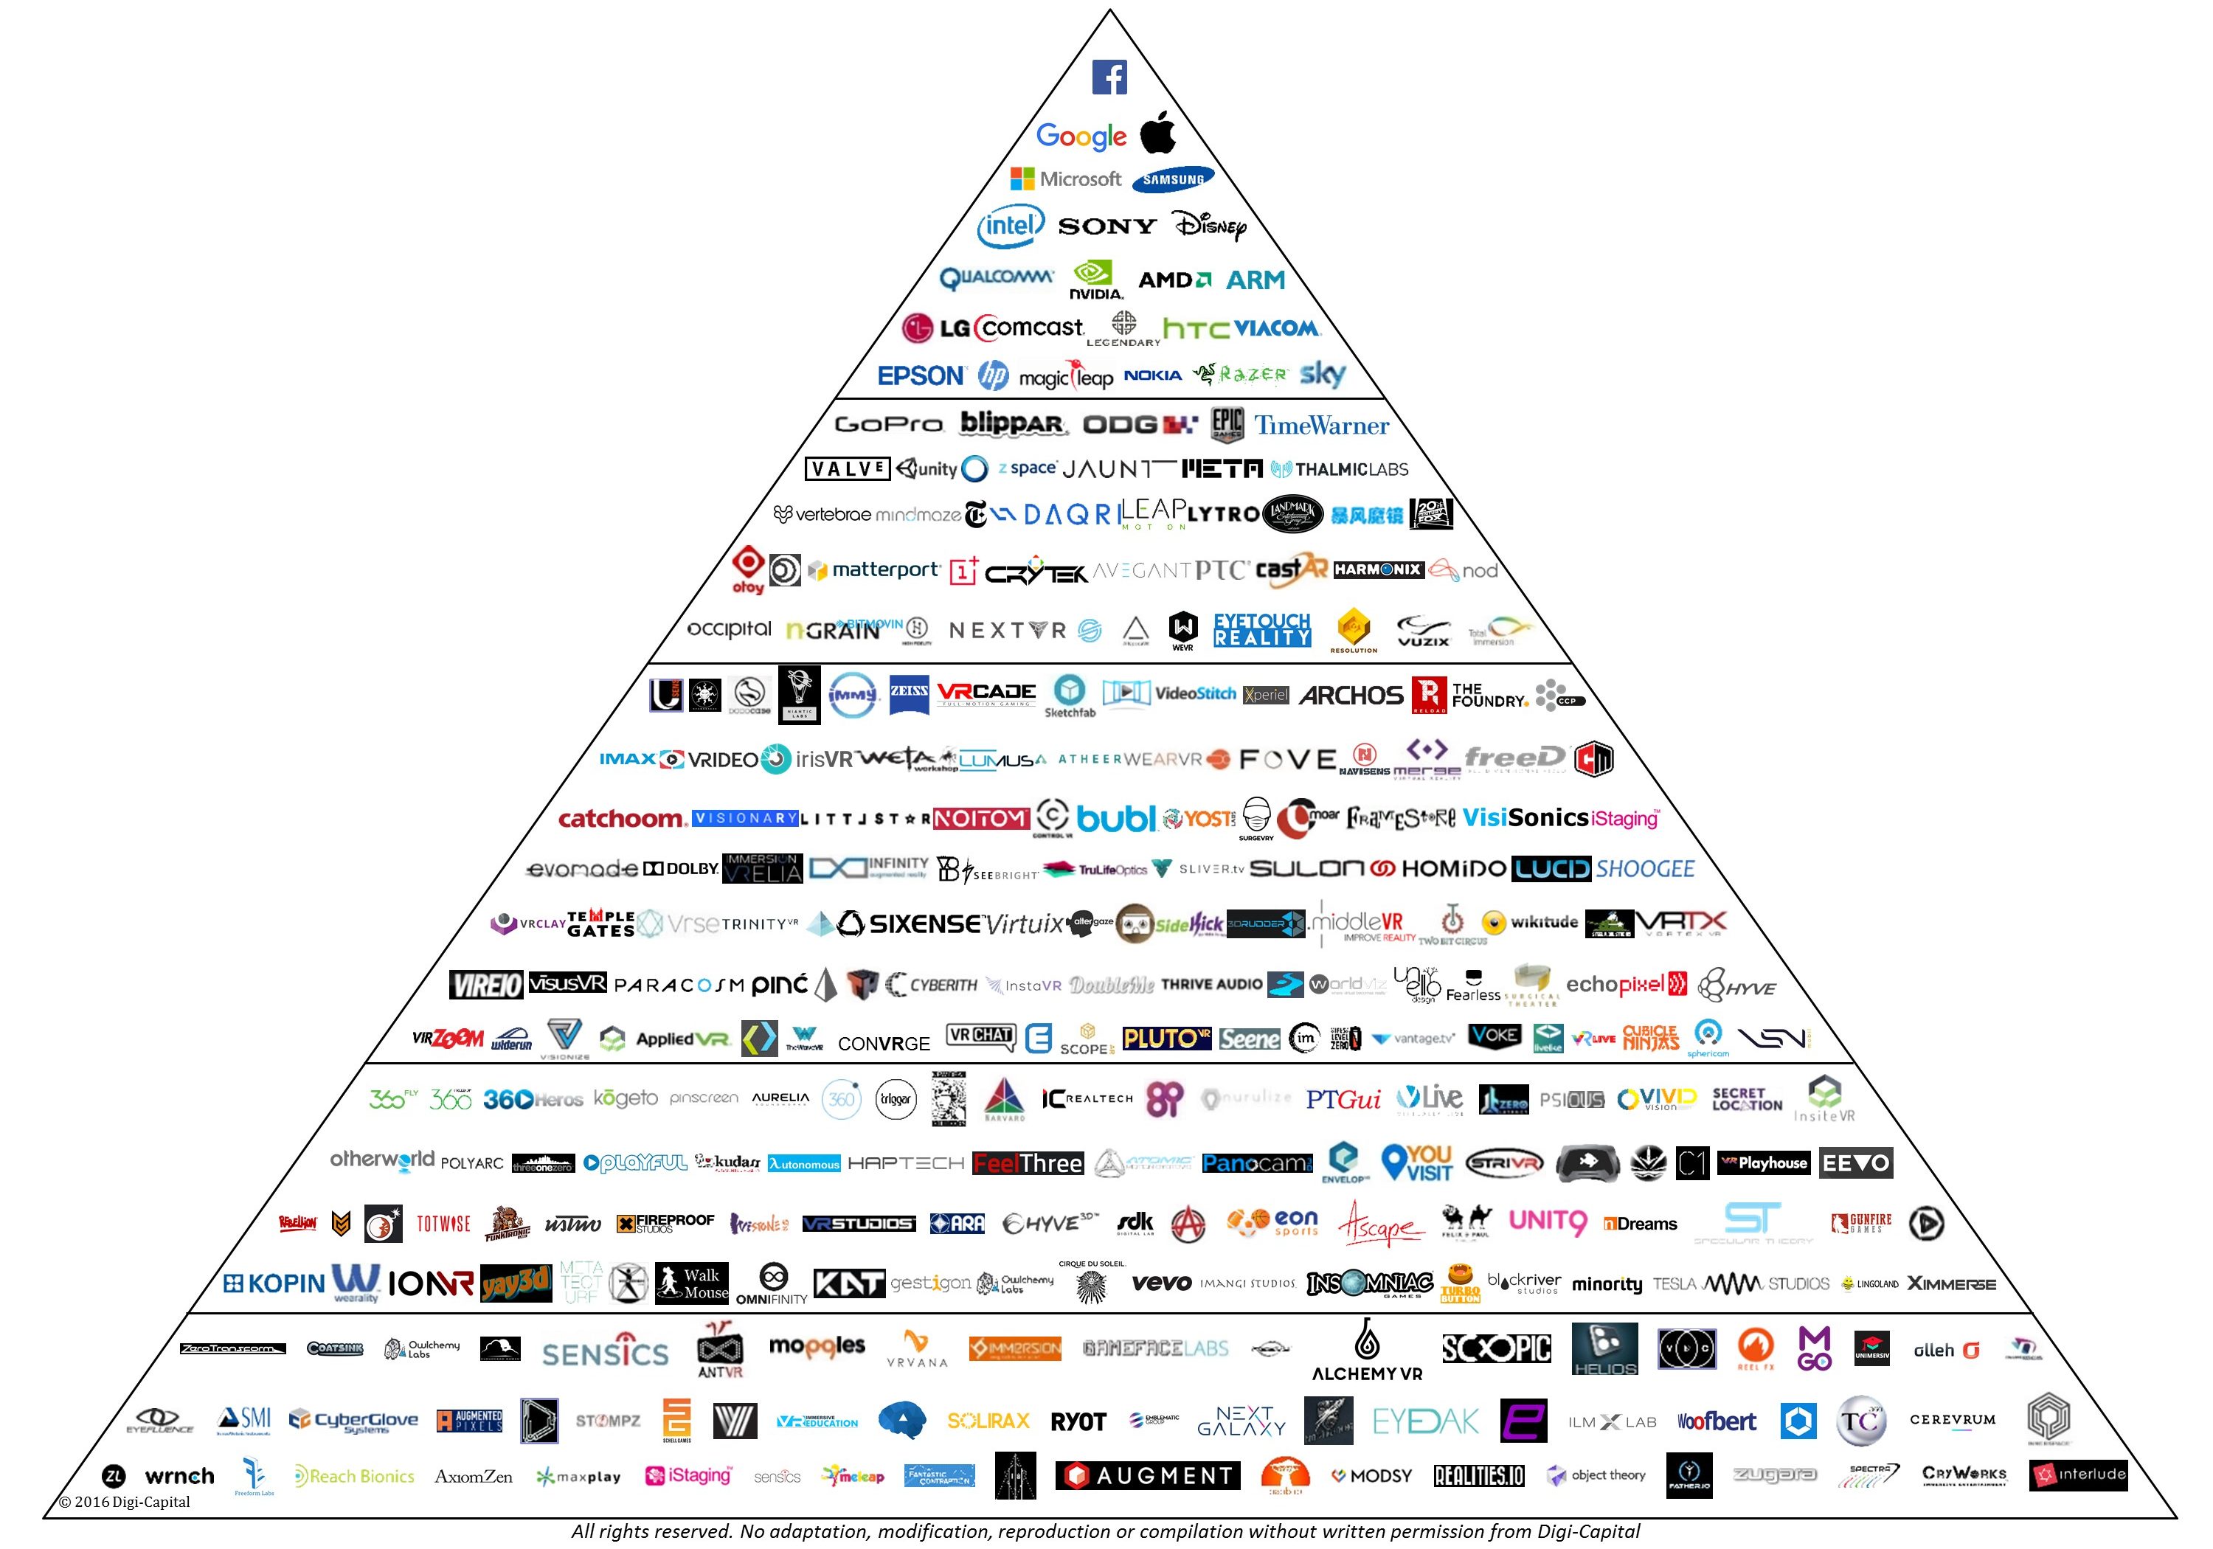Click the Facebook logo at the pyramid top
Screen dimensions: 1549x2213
tap(1109, 77)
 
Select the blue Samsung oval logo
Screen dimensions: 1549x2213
tap(1173, 179)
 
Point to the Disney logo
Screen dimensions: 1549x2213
tap(1211, 226)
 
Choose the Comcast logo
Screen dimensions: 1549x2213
tap(1029, 328)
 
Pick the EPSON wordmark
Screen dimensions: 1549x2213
tap(921, 376)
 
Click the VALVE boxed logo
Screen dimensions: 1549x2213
tap(846, 469)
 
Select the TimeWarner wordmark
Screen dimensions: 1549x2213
tap(1321, 425)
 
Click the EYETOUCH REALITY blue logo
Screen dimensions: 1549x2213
tap(1261, 629)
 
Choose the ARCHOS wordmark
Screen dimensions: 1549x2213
tap(1351, 695)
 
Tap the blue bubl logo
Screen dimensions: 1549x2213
tap(1115, 818)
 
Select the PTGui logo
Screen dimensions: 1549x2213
tap(1343, 1099)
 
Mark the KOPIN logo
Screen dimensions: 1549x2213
tap(274, 1283)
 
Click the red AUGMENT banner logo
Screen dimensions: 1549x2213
tap(1148, 1475)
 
